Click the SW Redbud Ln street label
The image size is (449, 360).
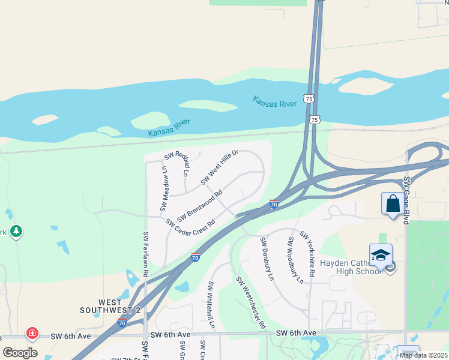point(178,160)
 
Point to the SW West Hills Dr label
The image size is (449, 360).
point(220,167)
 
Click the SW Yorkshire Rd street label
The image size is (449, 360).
point(308,254)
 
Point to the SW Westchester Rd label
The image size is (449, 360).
point(251,302)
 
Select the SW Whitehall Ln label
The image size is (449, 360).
point(211,304)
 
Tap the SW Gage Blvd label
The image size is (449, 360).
point(406,200)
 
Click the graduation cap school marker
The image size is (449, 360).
point(381,255)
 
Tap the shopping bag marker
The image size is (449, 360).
point(393,203)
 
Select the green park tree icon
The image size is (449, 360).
point(16,230)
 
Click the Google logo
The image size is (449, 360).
point(20,353)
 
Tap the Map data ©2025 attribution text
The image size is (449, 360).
point(423,355)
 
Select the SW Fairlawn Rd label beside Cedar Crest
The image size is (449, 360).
point(146,254)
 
